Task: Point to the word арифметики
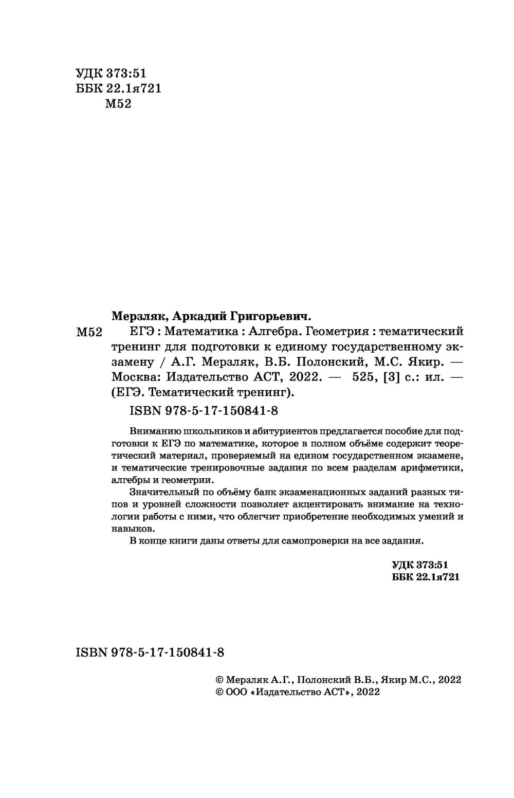click(x=435, y=468)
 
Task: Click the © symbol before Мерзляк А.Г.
click(x=218, y=680)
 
